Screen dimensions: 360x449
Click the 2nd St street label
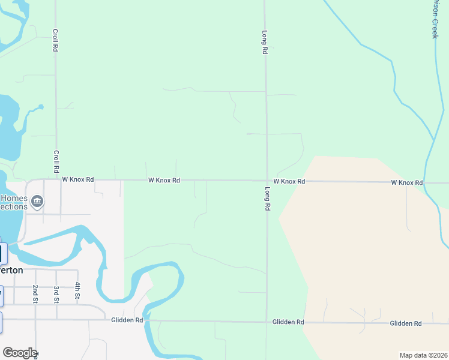click(35, 293)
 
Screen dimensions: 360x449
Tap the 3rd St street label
click(56, 293)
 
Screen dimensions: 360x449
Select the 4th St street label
click(77, 291)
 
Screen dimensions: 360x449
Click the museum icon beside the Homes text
click(37, 202)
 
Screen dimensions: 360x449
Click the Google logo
click(19, 353)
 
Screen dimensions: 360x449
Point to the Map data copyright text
click(423, 355)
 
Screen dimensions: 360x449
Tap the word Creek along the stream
click(435, 27)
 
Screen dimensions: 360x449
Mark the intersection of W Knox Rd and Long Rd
click(267, 181)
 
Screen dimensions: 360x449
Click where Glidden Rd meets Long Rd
click(267, 322)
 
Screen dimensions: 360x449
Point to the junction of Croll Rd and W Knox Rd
click(56, 179)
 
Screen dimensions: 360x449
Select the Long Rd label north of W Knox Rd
click(264, 43)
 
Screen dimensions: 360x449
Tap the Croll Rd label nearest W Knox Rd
click(56, 161)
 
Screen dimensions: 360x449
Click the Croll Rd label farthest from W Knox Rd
click(55, 40)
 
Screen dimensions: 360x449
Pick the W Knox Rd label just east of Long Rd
click(289, 181)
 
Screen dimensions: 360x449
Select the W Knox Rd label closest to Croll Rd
click(78, 179)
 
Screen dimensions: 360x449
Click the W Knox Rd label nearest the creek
click(407, 182)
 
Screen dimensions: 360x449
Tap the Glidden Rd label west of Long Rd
click(127, 320)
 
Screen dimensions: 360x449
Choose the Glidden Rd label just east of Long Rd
click(288, 322)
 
